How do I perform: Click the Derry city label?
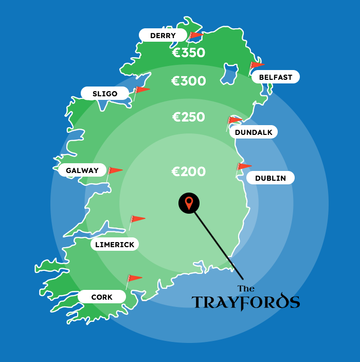click(163, 36)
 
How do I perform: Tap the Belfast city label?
click(275, 77)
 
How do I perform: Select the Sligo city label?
click(105, 93)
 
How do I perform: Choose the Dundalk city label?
click(254, 132)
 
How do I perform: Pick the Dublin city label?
click(271, 178)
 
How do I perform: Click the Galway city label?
click(82, 170)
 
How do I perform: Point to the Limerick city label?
click(115, 245)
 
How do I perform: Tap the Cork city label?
click(102, 297)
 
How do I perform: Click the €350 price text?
click(188, 53)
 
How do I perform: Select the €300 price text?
click(188, 81)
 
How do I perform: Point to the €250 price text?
click(188, 117)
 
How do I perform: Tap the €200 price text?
click(188, 171)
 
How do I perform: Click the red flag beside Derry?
click(195, 36)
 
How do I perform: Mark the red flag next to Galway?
click(115, 170)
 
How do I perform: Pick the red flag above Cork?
click(134, 279)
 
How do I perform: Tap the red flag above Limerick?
click(138, 219)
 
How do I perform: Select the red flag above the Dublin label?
click(244, 166)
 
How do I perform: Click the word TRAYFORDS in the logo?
click(245, 302)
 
